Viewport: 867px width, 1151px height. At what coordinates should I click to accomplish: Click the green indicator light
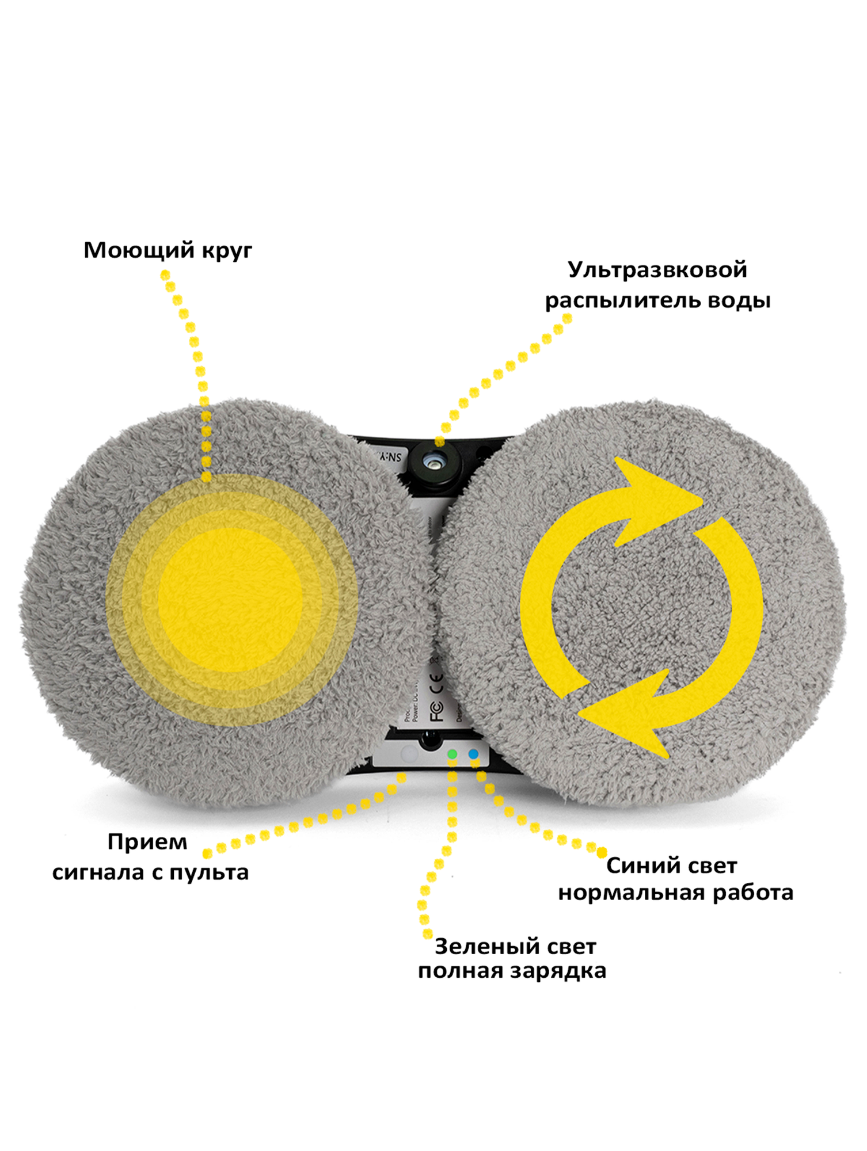pos(452,754)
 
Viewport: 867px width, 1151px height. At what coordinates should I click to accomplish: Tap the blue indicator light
pos(473,753)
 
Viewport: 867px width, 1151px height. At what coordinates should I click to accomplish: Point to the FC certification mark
pos(437,711)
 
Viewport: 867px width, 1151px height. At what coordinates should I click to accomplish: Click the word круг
pos(227,251)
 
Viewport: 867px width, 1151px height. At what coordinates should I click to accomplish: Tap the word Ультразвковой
pos(657,270)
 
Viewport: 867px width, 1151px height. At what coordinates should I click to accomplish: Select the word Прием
pos(147,842)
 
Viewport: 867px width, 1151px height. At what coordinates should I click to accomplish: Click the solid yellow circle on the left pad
pos(230,599)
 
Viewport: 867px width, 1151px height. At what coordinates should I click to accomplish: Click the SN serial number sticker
pos(390,457)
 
